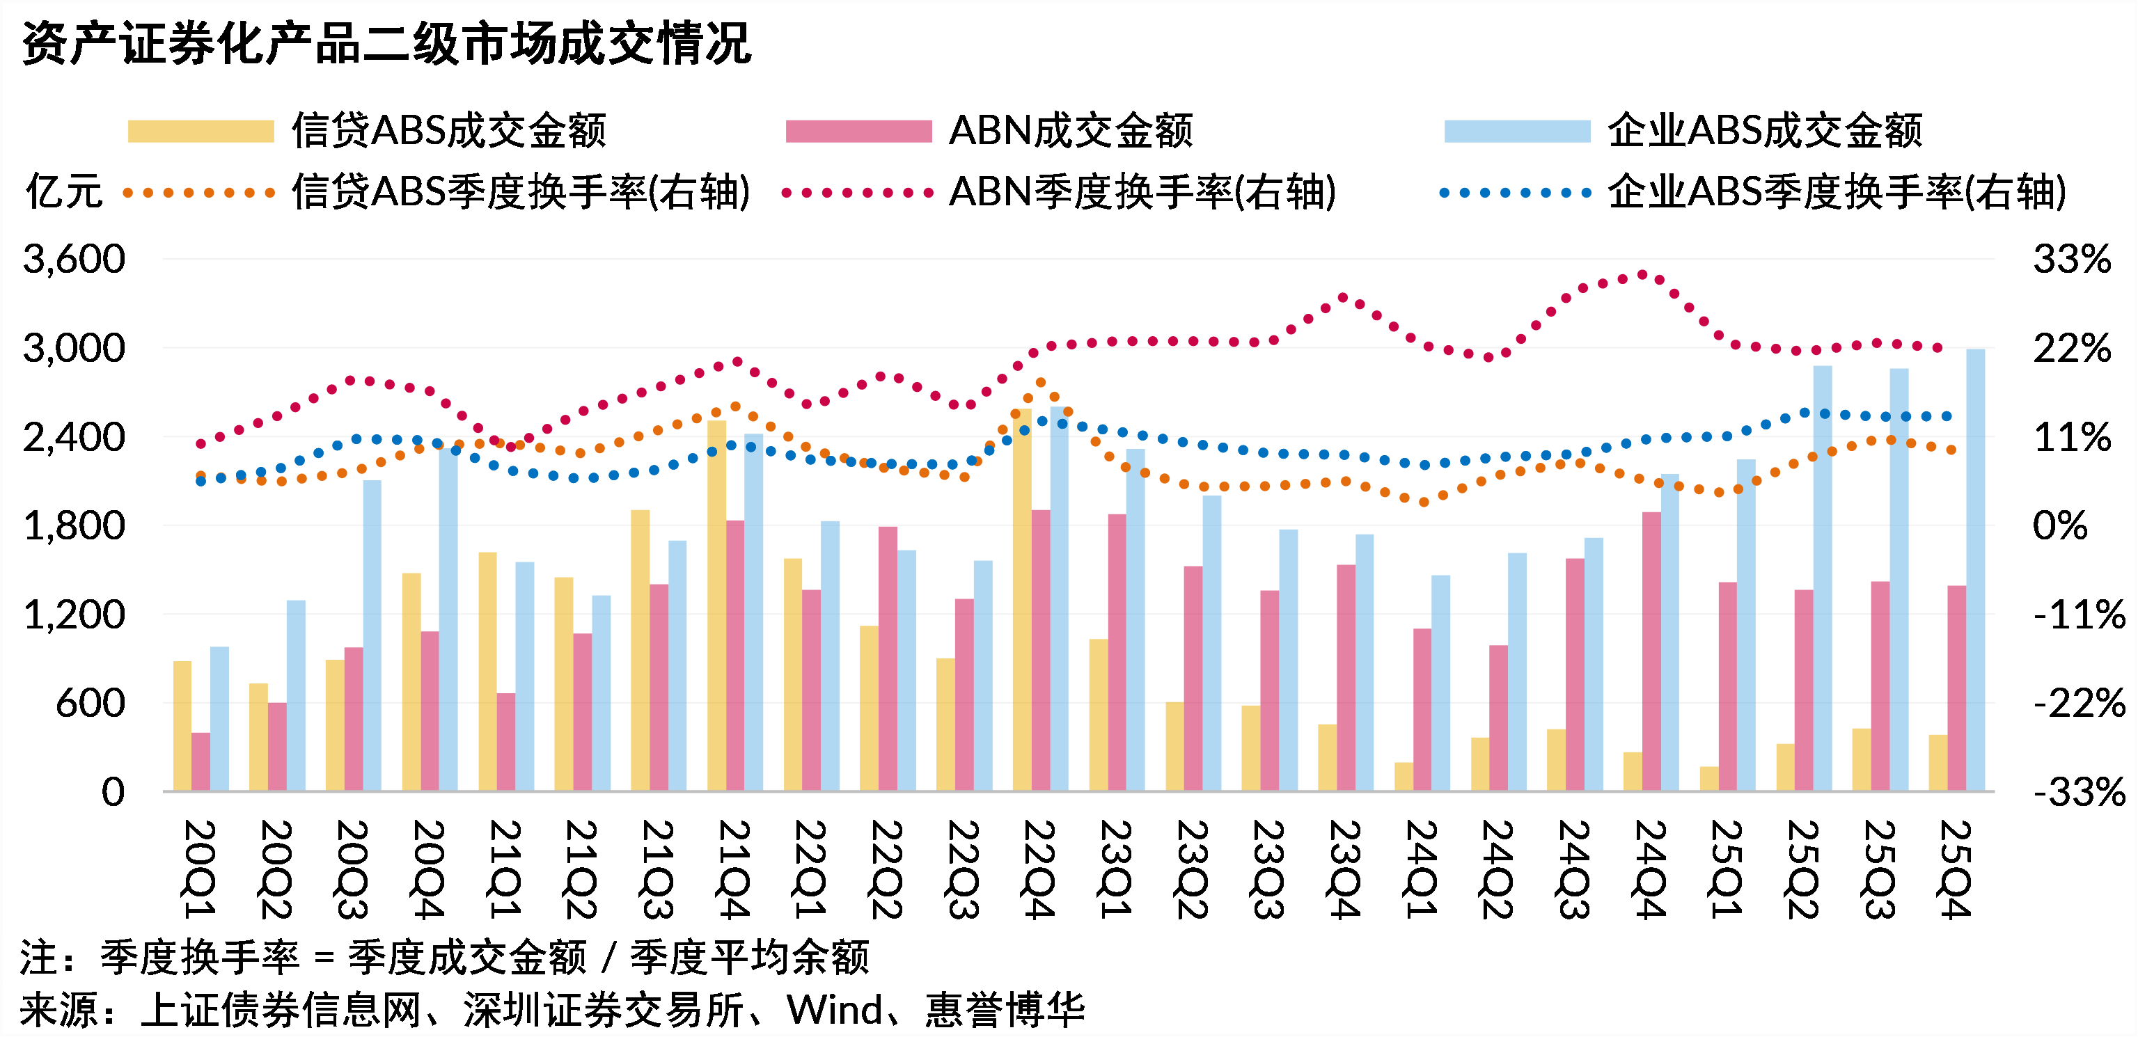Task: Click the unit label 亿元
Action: [63, 193]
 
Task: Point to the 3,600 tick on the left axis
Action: [74, 260]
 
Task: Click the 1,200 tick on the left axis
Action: [74, 615]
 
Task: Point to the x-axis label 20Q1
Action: [199, 869]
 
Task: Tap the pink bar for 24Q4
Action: [1651, 651]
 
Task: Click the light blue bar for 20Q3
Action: [372, 635]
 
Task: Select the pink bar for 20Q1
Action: [201, 761]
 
